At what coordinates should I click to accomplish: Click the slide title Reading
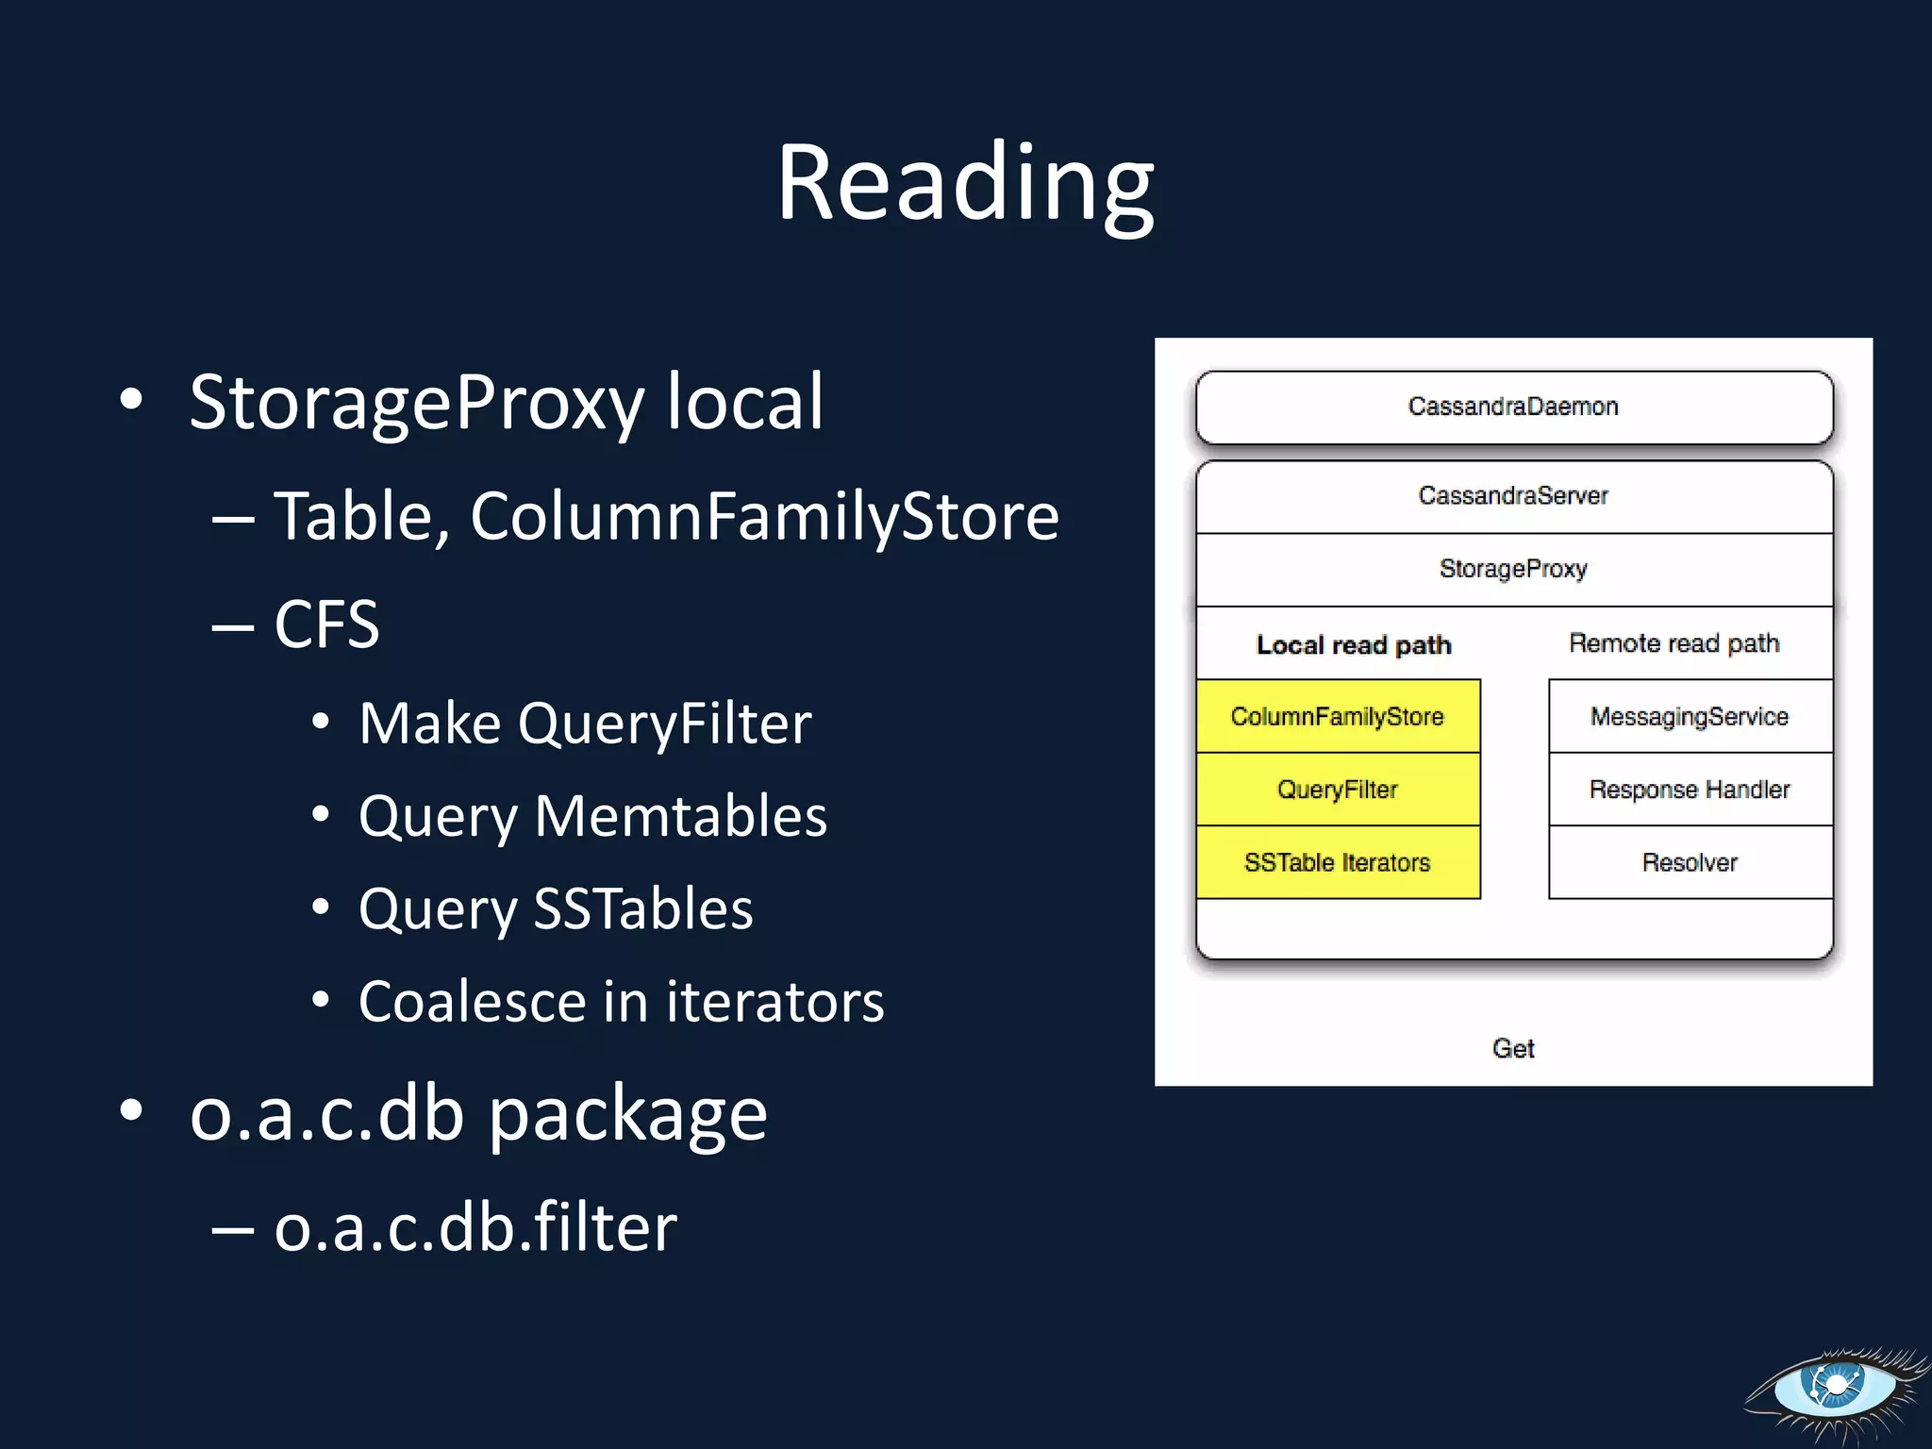pyautogui.click(x=965, y=183)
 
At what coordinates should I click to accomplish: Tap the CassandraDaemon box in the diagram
pyautogui.click(x=1513, y=408)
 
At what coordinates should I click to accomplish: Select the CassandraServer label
pyautogui.click(x=1513, y=496)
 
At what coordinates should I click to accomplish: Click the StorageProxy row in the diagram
pyautogui.click(x=1513, y=569)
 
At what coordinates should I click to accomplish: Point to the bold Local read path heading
pyautogui.click(x=1354, y=645)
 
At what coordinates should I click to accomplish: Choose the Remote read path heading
pyautogui.click(x=1674, y=643)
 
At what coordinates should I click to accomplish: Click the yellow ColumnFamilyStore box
pyautogui.click(x=1338, y=717)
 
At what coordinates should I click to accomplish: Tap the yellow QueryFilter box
pyautogui.click(x=1338, y=790)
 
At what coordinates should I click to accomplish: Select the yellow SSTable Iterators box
pyautogui.click(x=1338, y=862)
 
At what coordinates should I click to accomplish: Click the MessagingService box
pyautogui.click(x=1690, y=717)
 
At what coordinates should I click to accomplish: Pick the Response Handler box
pyautogui.click(x=1690, y=790)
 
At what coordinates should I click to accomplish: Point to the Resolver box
pyautogui.click(x=1690, y=862)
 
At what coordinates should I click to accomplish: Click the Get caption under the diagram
pyautogui.click(x=1513, y=1048)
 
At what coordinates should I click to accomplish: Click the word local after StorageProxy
pyautogui.click(x=745, y=403)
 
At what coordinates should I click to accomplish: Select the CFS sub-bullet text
pyautogui.click(x=326, y=625)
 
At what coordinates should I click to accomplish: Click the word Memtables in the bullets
pyautogui.click(x=680, y=816)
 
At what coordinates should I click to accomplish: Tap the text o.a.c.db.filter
pyautogui.click(x=475, y=1228)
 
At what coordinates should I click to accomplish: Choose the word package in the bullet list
pyautogui.click(x=627, y=1115)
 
